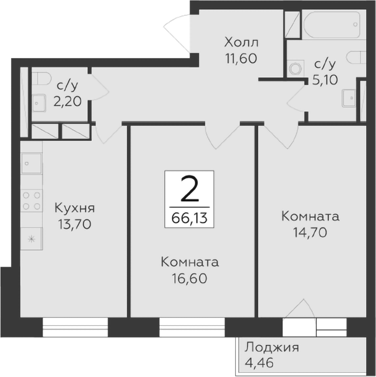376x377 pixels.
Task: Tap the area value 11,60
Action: click(x=241, y=59)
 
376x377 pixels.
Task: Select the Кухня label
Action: click(x=74, y=208)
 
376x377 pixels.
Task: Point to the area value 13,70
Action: click(x=74, y=224)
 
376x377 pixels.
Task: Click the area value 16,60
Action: click(x=190, y=278)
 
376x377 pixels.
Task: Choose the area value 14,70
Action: click(x=310, y=232)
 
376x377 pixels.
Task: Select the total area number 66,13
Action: click(x=190, y=218)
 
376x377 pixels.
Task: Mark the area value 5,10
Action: click(x=325, y=79)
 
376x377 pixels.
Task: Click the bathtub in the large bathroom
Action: click(x=331, y=24)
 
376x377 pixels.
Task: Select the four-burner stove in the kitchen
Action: click(x=32, y=200)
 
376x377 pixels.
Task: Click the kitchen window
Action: click(x=75, y=328)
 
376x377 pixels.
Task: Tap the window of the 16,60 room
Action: click(x=191, y=328)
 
